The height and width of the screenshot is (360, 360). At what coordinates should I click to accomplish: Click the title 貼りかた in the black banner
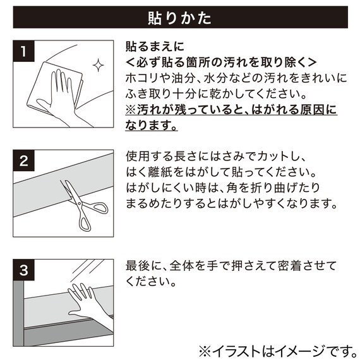tap(179, 18)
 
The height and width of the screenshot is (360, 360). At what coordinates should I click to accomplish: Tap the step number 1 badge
tap(23, 51)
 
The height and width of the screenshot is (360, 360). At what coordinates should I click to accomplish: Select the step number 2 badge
tap(23, 160)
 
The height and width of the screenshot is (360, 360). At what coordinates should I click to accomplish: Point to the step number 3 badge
tap(23, 270)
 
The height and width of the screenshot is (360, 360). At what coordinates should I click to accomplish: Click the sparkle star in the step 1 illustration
tap(99, 65)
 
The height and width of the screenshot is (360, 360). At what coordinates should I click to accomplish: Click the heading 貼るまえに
tap(155, 46)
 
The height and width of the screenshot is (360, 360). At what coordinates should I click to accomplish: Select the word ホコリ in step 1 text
tap(142, 78)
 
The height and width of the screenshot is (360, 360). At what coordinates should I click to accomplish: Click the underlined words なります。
tap(152, 125)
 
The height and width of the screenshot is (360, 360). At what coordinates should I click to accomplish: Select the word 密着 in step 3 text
tap(289, 266)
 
